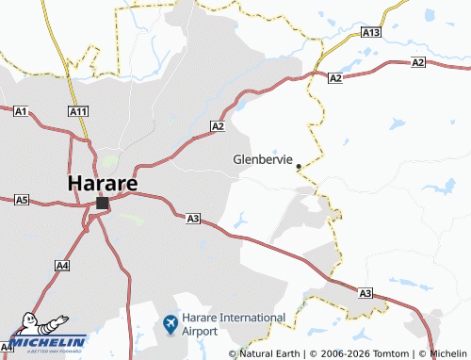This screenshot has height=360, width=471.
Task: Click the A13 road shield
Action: tap(370, 33)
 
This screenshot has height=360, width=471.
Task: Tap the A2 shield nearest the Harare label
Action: tap(218, 125)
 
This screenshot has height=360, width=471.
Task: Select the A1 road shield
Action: tap(21, 111)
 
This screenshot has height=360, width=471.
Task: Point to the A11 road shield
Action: tap(78, 111)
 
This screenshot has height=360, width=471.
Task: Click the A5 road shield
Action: tap(22, 200)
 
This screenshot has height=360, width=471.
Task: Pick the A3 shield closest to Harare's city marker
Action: tap(192, 219)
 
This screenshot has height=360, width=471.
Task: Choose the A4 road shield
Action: tap(62, 267)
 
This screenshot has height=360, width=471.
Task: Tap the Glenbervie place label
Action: tap(264, 158)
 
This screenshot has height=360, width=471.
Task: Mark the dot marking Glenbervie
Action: tap(299, 167)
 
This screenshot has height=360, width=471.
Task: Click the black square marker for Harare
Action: tap(102, 203)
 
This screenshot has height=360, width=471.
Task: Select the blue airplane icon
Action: tap(171, 325)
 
